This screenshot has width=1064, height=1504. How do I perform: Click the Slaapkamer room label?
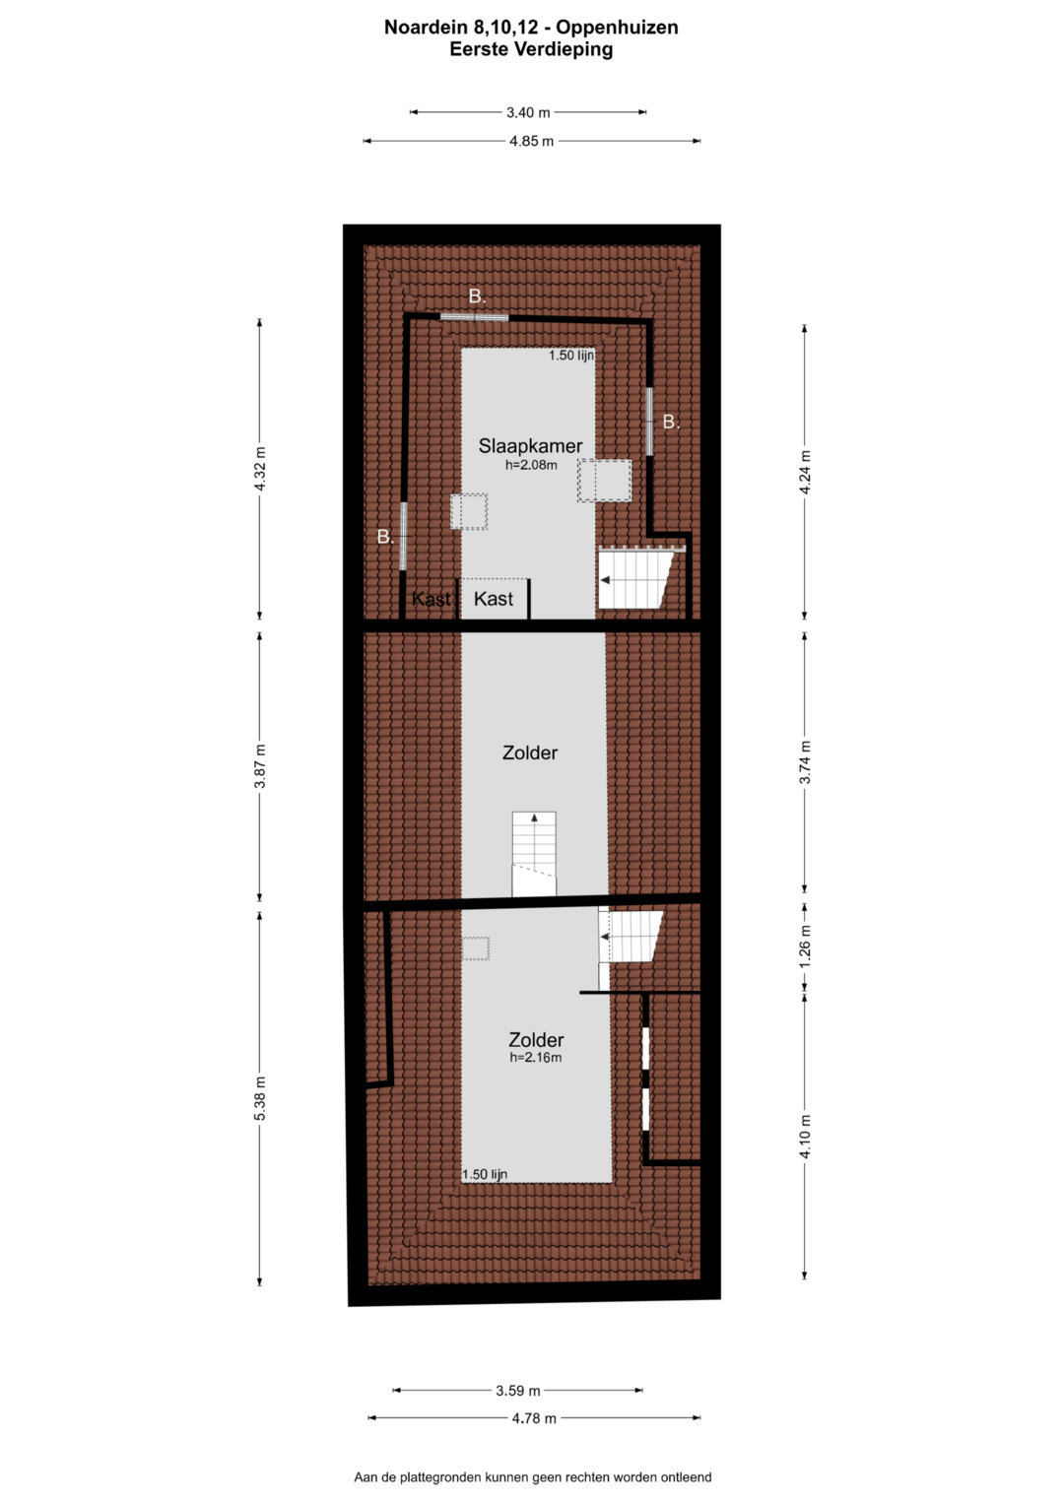click(x=530, y=446)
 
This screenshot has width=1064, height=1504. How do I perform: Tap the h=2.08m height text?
click(x=531, y=465)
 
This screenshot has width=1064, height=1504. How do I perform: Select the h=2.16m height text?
click(x=535, y=1058)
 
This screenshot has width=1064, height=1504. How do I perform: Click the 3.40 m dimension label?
click(x=528, y=112)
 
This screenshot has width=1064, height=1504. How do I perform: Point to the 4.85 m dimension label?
click(x=531, y=141)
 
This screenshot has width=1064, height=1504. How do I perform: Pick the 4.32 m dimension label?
click(x=260, y=469)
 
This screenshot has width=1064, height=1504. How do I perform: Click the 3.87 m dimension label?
click(x=260, y=766)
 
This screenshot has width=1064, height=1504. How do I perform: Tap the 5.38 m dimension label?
click(x=260, y=1098)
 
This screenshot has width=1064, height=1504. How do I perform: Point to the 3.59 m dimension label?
click(x=518, y=1390)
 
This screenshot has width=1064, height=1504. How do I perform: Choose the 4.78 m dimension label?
click(x=534, y=1418)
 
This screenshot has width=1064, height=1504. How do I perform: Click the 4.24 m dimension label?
click(x=805, y=473)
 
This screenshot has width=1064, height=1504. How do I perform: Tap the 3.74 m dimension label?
click(x=805, y=762)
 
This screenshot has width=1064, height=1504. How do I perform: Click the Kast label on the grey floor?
click(x=493, y=599)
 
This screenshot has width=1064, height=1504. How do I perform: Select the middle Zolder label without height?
click(x=530, y=752)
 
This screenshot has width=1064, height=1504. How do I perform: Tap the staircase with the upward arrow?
click(x=534, y=853)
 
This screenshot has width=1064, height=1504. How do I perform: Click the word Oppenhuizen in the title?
click(x=618, y=28)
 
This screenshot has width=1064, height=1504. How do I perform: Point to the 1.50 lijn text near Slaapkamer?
click(x=571, y=356)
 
